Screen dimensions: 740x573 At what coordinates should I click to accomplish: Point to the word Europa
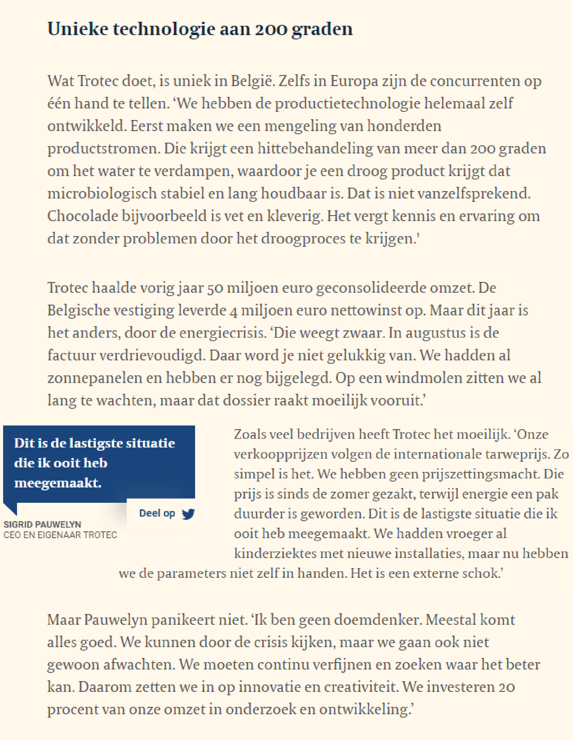pos(354,81)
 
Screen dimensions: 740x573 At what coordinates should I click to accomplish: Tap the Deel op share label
pos(157,513)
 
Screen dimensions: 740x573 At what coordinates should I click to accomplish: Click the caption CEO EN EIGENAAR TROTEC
pos(60,535)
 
